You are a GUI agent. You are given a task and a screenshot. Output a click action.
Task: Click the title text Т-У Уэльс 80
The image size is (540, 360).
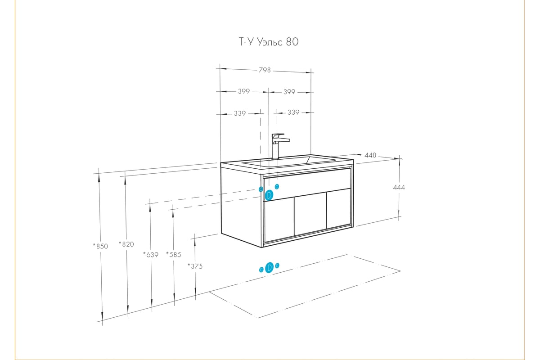coord(268,42)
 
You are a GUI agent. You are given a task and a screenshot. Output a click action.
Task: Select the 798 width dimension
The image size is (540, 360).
coord(265,70)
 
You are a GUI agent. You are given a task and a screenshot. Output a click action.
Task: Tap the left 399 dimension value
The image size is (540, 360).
coord(243,92)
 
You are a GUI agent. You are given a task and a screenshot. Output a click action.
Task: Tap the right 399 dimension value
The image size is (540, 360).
coord(289,92)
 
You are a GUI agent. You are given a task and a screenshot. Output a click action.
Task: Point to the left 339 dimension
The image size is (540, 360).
coord(240,113)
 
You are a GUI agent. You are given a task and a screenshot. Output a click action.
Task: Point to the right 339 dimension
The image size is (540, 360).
coord(293,112)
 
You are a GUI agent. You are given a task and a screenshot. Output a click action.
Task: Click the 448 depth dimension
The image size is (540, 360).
coord(370,155)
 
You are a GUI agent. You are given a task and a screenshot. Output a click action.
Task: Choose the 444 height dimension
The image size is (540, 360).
coord(399,187)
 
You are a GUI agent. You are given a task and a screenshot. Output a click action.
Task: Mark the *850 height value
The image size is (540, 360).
coord(100,246)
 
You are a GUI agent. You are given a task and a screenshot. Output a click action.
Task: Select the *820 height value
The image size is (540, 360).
coord(126,244)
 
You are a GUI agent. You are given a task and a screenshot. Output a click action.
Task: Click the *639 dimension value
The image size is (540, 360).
coord(151,255)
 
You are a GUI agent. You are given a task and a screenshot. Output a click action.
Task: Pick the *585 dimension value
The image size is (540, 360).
coord(173,255)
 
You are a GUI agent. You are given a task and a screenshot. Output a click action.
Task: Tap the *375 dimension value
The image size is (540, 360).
coord(195,266)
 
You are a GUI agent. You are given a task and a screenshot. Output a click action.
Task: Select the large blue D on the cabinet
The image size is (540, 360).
coord(269,195)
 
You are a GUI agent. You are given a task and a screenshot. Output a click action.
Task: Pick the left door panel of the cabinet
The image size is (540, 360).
coord(278,221)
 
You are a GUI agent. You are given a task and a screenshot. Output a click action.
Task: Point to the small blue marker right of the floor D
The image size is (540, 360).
coord(277,265)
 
